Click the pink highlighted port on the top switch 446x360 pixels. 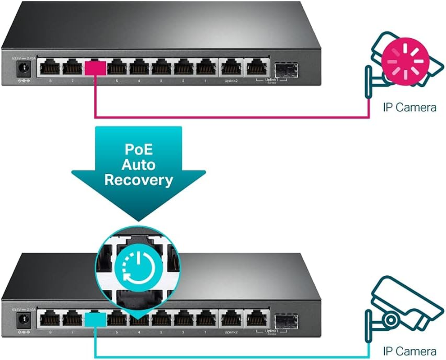(x=96, y=68)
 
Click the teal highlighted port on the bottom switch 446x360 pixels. (x=96, y=319)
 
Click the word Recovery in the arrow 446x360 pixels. (x=138, y=180)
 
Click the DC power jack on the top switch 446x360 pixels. (x=21, y=69)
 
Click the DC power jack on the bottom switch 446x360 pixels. (x=21, y=320)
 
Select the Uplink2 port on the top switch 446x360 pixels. (x=230, y=68)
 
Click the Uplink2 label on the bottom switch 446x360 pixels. (x=230, y=333)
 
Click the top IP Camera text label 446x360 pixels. (x=409, y=107)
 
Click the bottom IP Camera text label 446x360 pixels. (x=409, y=351)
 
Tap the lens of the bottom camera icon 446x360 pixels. (x=391, y=320)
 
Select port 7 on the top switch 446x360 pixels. (x=72, y=68)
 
